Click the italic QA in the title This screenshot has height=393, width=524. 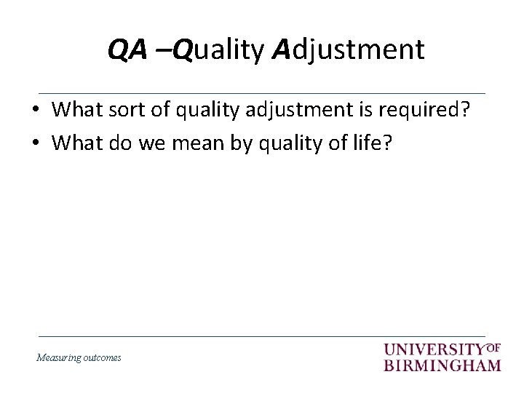point(126,49)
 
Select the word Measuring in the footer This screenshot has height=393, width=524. point(60,358)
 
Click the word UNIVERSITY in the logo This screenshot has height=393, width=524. point(434,350)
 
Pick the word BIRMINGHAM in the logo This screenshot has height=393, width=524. point(442,365)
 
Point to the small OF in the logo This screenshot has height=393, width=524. point(493,347)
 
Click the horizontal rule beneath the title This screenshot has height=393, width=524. point(261,93)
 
